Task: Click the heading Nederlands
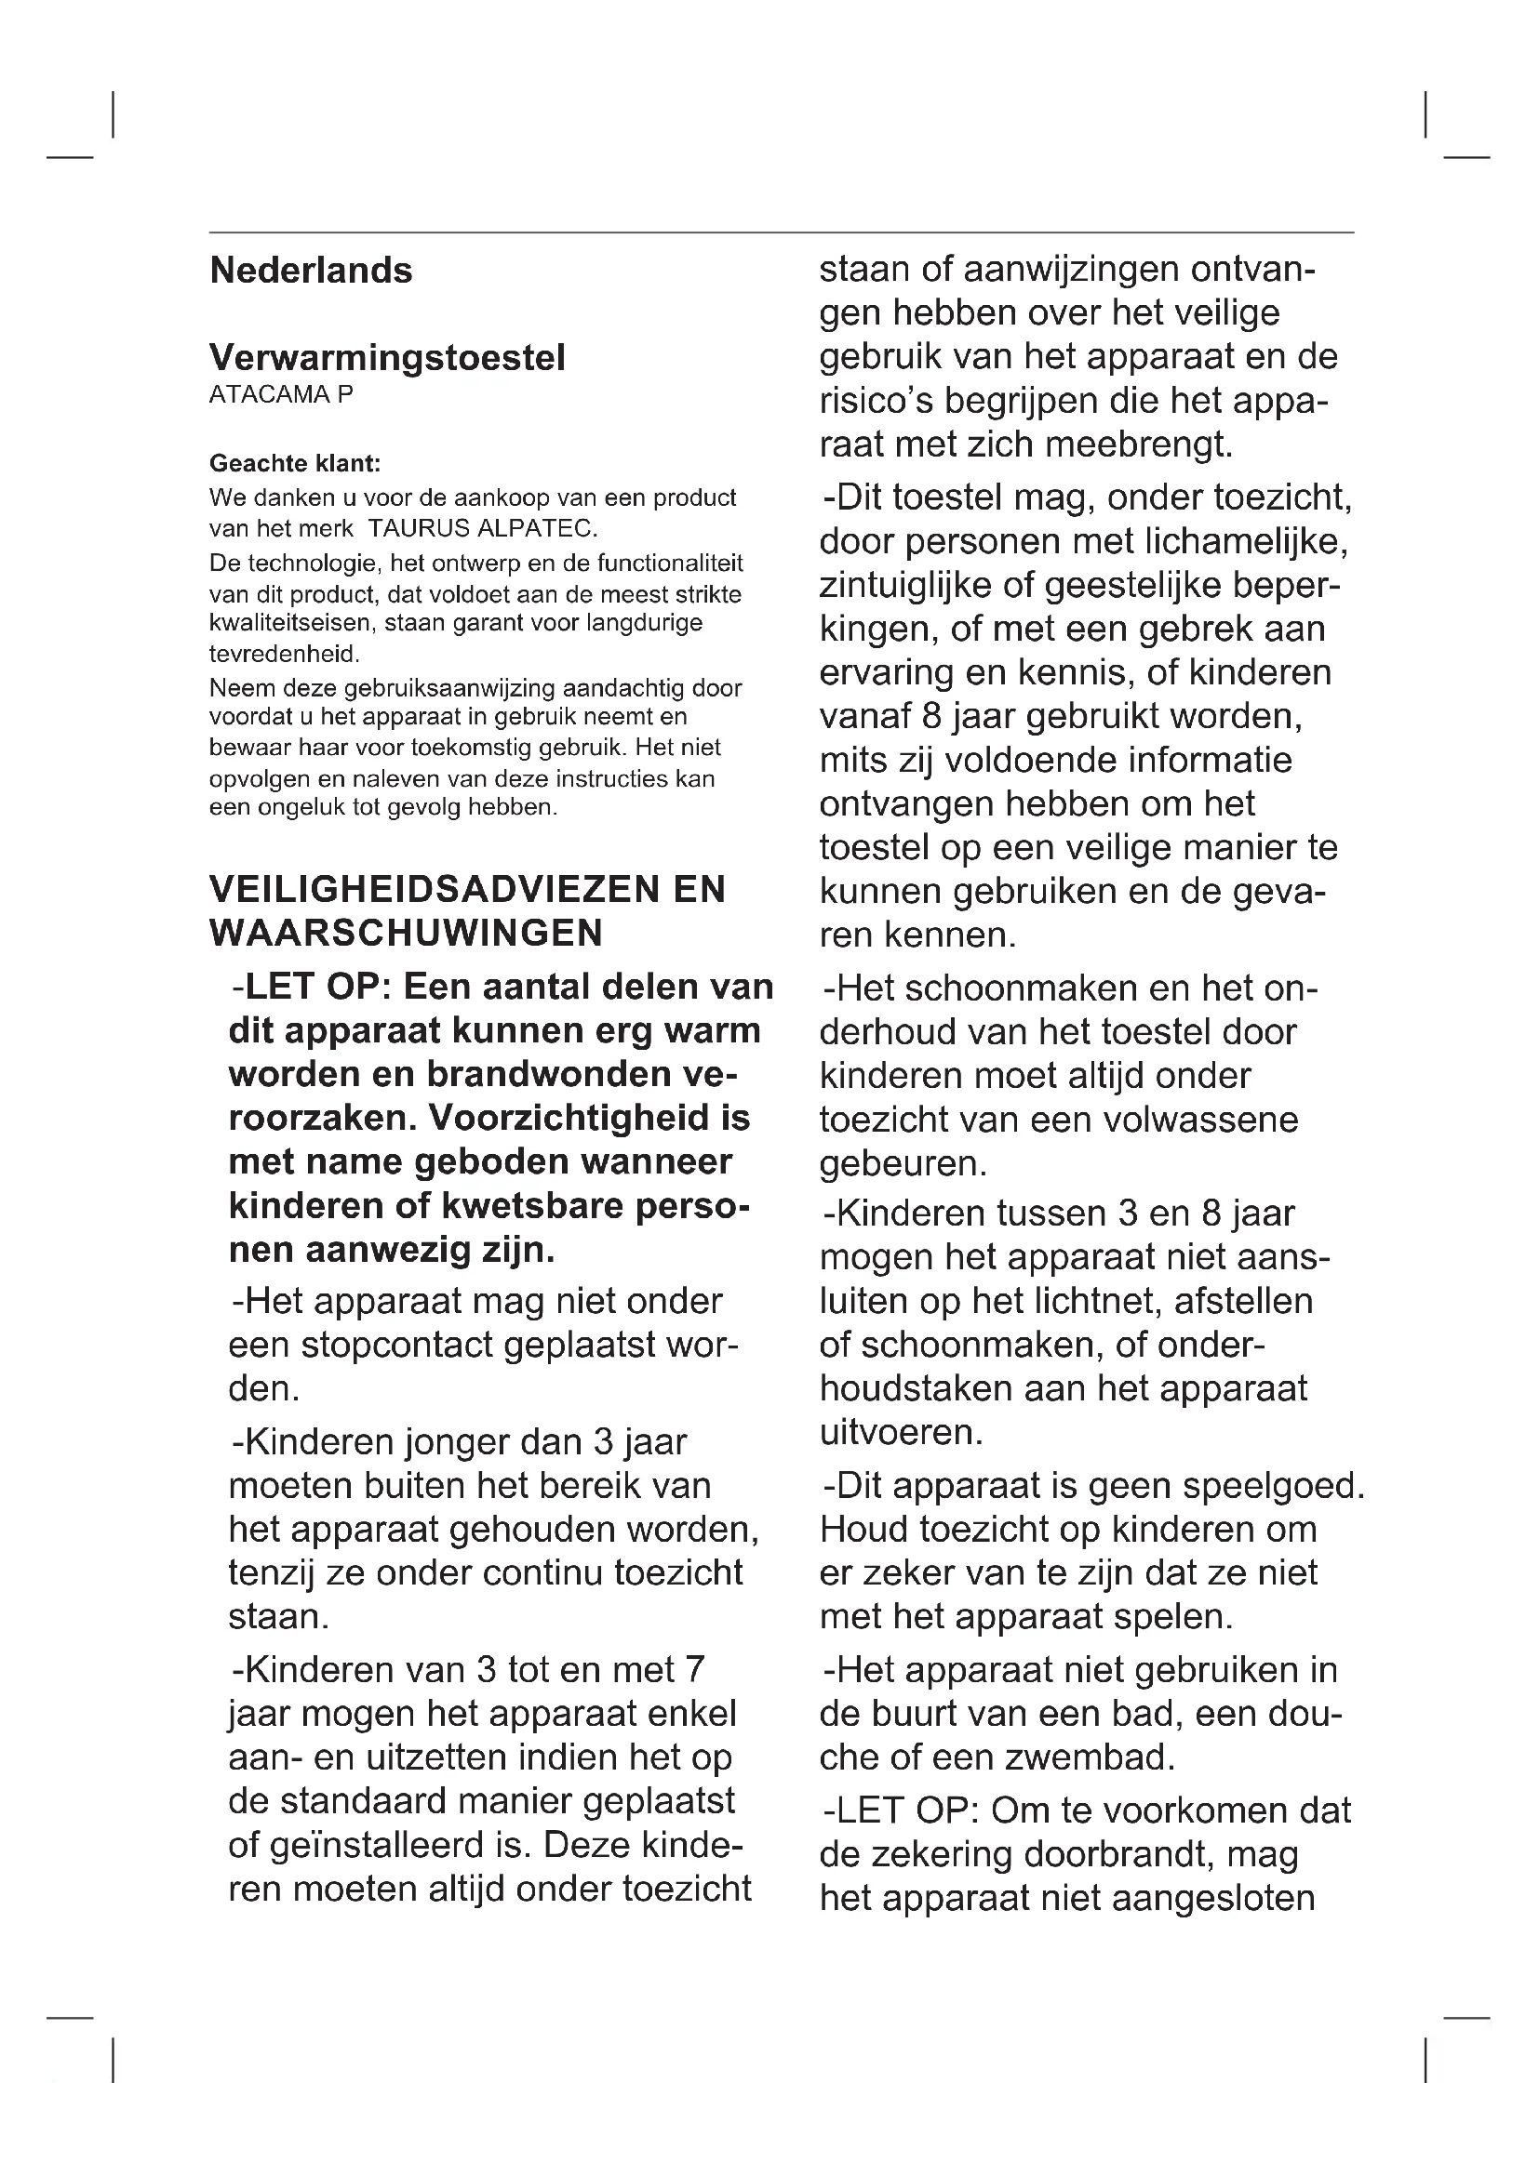tap(311, 271)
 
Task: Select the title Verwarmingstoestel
tap(387, 358)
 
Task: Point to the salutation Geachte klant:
tap(295, 463)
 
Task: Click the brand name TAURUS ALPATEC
tap(481, 527)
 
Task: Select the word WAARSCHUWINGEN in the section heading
tap(406, 934)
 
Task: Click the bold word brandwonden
tap(550, 1074)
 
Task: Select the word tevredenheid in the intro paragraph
tap(284, 654)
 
